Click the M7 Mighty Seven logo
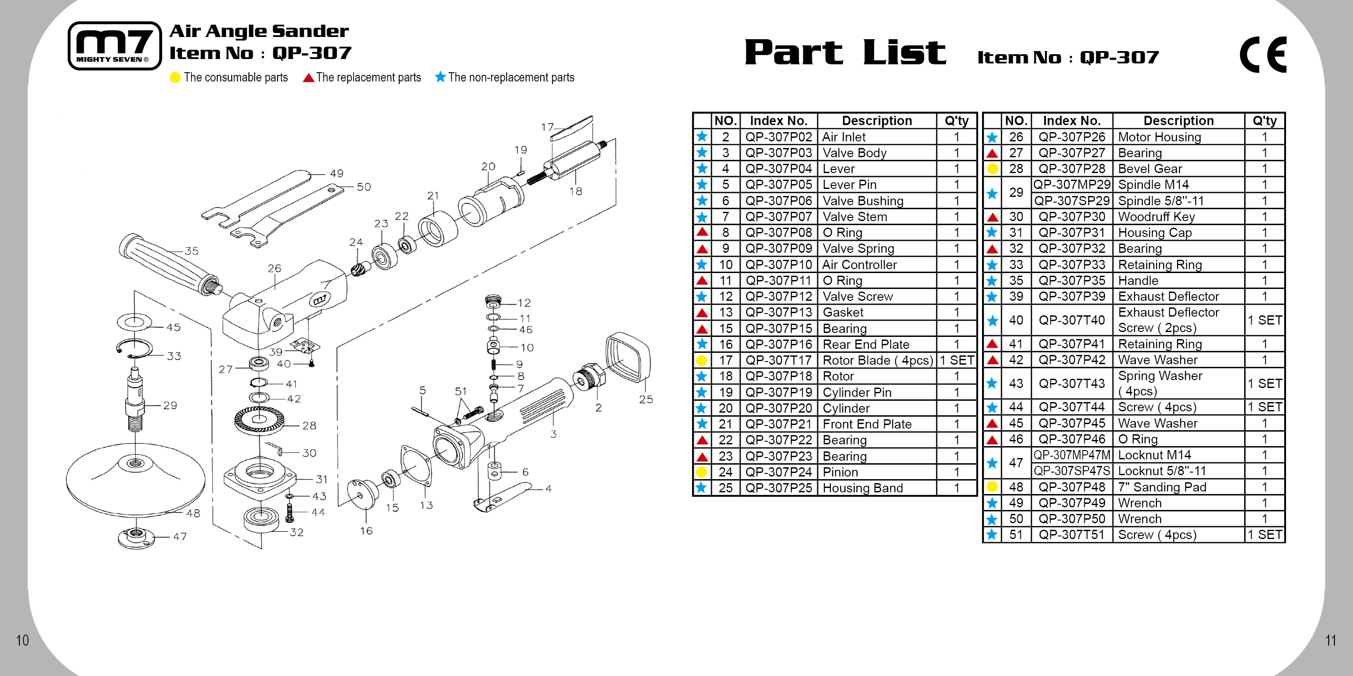click(x=115, y=46)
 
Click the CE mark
click(x=1263, y=55)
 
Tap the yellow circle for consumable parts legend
click(x=175, y=78)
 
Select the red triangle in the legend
click(x=309, y=78)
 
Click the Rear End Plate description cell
click(x=876, y=344)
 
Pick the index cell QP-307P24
click(x=778, y=472)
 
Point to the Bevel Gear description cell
click(x=1178, y=169)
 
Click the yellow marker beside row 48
click(x=992, y=487)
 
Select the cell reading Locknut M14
click(x=1178, y=455)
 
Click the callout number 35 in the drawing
click(x=192, y=251)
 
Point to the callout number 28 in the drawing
click(x=309, y=426)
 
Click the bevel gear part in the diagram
click(x=259, y=420)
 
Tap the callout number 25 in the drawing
click(x=646, y=399)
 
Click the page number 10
click(x=22, y=640)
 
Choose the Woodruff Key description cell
click(x=1178, y=217)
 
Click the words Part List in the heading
click(x=845, y=52)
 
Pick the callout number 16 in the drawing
click(x=366, y=531)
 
